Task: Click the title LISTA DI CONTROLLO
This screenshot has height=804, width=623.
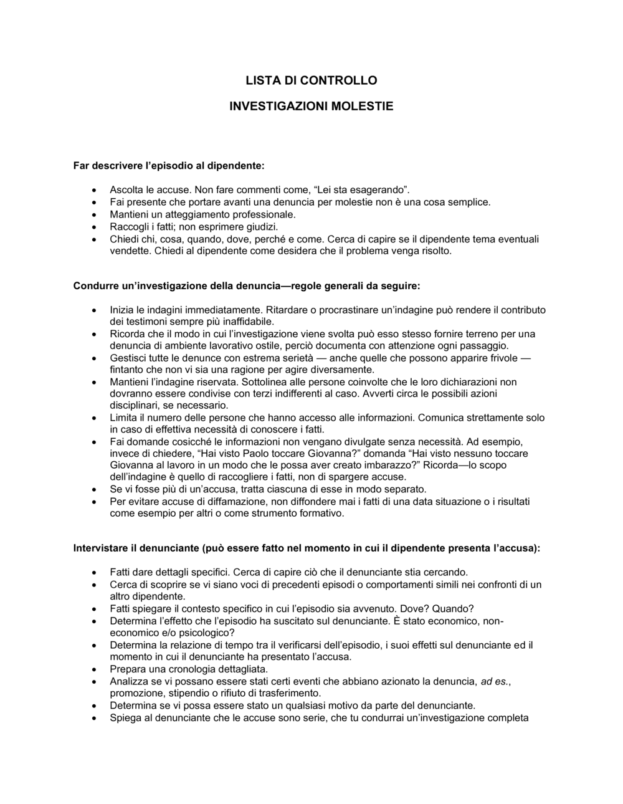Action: pyautogui.click(x=311, y=80)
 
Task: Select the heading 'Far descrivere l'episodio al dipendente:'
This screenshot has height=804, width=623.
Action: pyautogui.click(x=169, y=166)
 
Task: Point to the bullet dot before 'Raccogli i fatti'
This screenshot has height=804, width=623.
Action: pyautogui.click(x=93, y=227)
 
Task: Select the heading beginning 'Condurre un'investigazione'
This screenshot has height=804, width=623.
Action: pyautogui.click(x=247, y=286)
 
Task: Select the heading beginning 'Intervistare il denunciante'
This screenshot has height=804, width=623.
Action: pyautogui.click(x=307, y=548)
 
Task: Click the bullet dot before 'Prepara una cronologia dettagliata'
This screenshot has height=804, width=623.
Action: pyautogui.click(x=93, y=669)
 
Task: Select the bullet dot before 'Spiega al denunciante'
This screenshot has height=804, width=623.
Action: pyautogui.click(x=93, y=717)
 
